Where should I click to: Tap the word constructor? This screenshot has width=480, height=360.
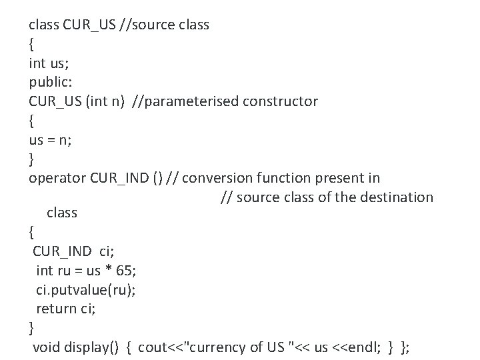point(280,101)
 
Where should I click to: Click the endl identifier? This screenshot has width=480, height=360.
point(360,347)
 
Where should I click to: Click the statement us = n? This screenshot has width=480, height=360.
point(51,139)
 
